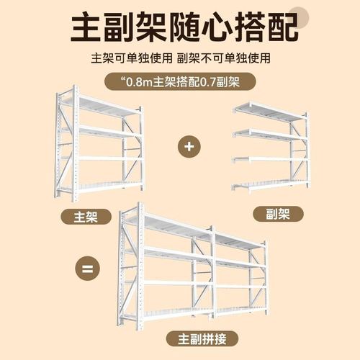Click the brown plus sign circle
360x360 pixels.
189,146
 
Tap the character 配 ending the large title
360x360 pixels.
277,28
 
